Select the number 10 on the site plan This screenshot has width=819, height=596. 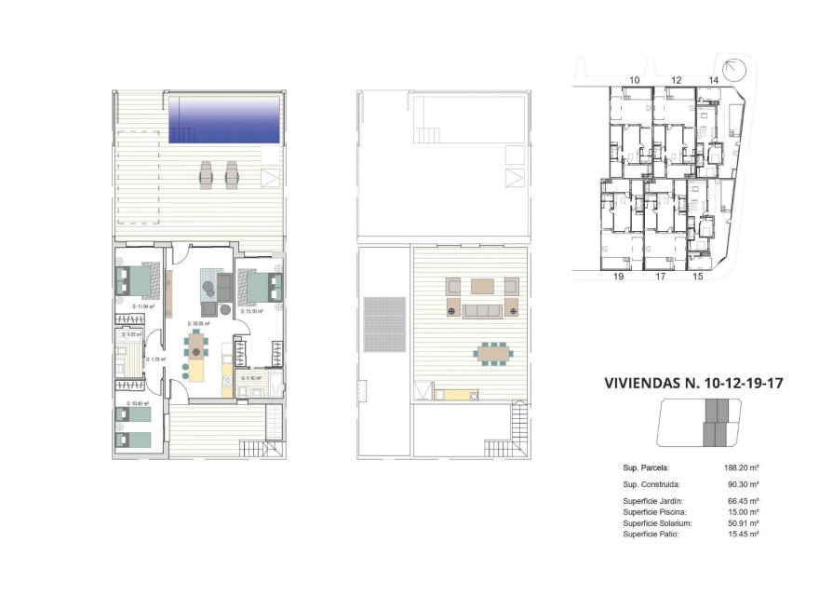pos(634,81)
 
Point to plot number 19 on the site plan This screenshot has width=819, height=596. pos(617,277)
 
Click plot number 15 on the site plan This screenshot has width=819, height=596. pos(698,277)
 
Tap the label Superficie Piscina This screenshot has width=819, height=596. pos(653,512)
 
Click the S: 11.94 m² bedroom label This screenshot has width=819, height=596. pos(141,305)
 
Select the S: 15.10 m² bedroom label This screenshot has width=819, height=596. pos(251,311)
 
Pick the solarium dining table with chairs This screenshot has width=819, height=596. pos(493,353)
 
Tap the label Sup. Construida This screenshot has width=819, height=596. pos(651,485)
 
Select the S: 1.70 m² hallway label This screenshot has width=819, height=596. pos(156,359)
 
